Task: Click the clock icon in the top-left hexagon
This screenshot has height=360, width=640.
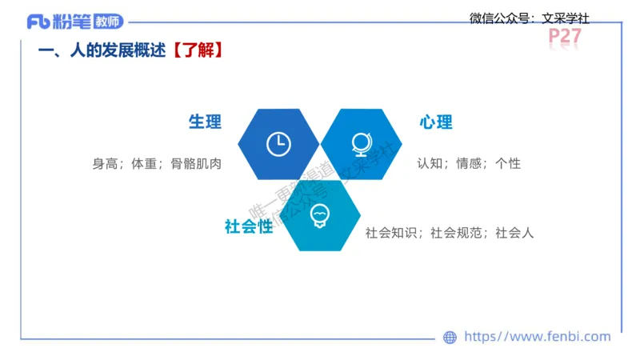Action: [x=278, y=144]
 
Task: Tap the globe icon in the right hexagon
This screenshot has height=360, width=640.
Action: [x=362, y=144]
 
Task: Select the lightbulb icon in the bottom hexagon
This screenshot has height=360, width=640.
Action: [x=320, y=215]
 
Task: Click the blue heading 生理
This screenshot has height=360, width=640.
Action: [x=205, y=122]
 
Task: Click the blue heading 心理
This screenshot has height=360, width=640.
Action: [x=436, y=122]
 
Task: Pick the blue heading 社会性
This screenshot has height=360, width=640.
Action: [x=249, y=227]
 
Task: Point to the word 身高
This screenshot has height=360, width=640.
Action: [x=105, y=164]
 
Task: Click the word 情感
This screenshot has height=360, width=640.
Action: [x=469, y=163]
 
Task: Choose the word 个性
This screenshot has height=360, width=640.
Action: [x=508, y=163]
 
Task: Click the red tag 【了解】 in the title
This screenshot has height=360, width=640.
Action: [x=195, y=50]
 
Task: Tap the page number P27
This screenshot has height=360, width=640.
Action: [x=565, y=37]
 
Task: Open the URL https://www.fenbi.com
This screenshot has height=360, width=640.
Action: [x=537, y=337]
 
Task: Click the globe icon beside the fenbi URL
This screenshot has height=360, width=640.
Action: [x=450, y=338]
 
